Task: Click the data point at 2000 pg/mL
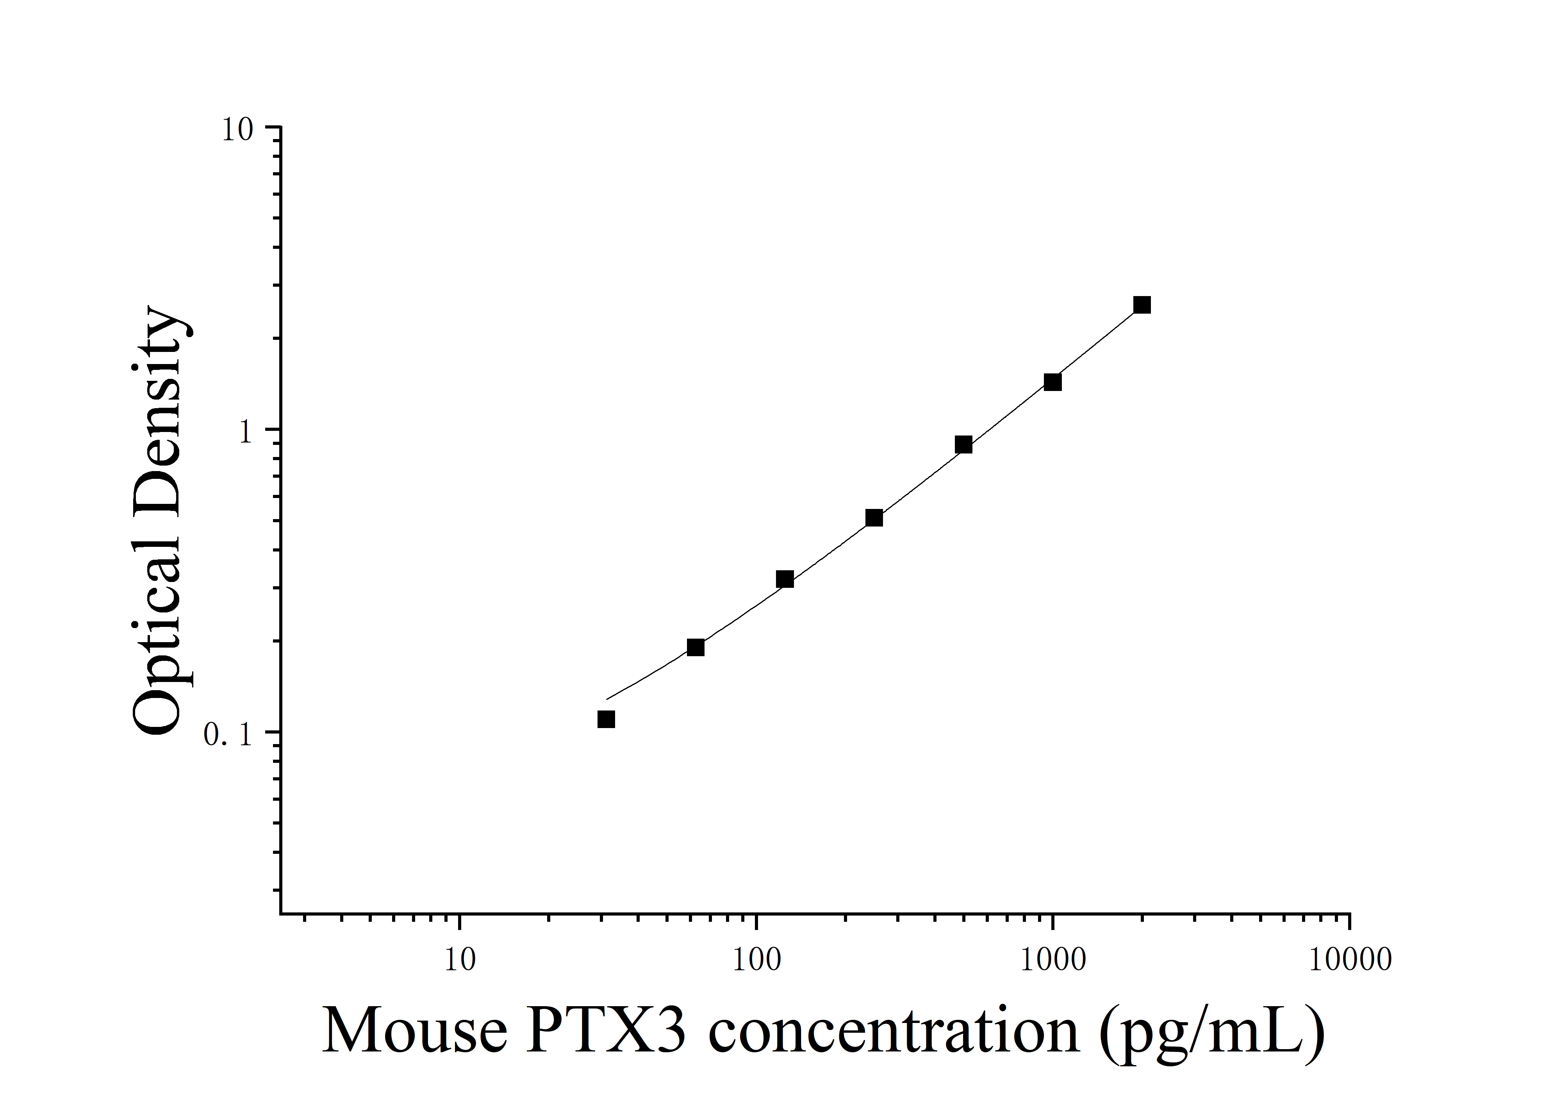click(1142, 305)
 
